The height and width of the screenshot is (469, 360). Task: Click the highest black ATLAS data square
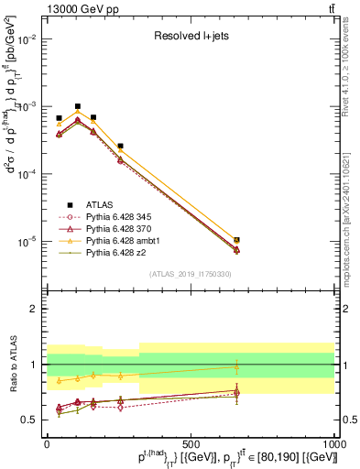[78, 106]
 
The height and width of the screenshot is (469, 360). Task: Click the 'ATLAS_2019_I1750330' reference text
[190, 274]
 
